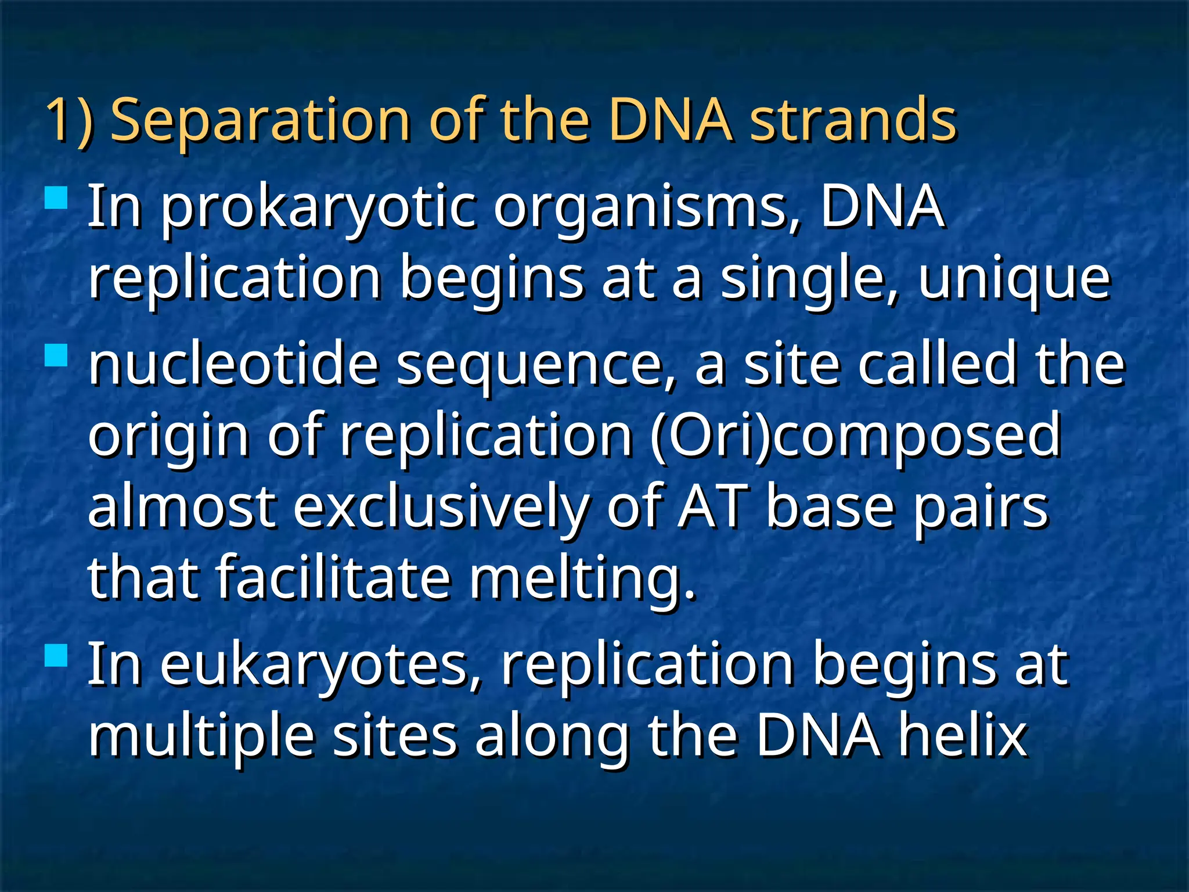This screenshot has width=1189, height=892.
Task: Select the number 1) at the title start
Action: (x=69, y=121)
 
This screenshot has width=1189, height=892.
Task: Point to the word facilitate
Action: (x=333, y=577)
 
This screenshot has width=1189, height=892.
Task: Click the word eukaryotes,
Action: (x=321, y=666)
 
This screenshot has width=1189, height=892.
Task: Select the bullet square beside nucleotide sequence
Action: (x=56, y=355)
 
